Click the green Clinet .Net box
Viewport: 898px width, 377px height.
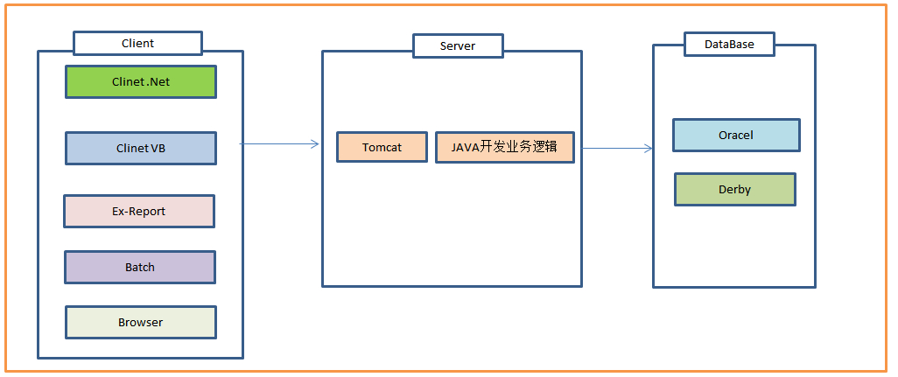(x=141, y=82)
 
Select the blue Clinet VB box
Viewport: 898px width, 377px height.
(x=141, y=148)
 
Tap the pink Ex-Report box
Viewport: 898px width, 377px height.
(x=139, y=211)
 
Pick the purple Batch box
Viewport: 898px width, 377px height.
(x=140, y=267)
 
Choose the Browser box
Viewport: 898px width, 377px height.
(x=141, y=322)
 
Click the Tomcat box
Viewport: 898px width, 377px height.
(x=382, y=147)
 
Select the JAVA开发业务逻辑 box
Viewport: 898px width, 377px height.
(x=504, y=147)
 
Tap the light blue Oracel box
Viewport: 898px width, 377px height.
(x=736, y=135)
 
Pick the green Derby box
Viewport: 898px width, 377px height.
(x=735, y=189)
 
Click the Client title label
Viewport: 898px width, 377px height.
(x=138, y=44)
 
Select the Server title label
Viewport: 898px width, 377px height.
(x=458, y=45)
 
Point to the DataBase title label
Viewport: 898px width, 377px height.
(x=729, y=44)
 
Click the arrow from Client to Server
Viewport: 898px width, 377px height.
(x=279, y=144)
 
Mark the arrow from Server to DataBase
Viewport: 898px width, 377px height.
(x=617, y=149)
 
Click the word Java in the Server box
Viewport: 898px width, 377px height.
(x=465, y=147)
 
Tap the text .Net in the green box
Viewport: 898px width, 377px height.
(x=158, y=82)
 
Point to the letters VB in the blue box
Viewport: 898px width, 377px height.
(x=158, y=148)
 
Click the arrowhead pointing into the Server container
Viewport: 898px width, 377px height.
(x=316, y=144)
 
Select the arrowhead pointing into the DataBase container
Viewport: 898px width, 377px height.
(x=649, y=149)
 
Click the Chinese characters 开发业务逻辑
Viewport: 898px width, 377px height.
(x=519, y=147)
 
